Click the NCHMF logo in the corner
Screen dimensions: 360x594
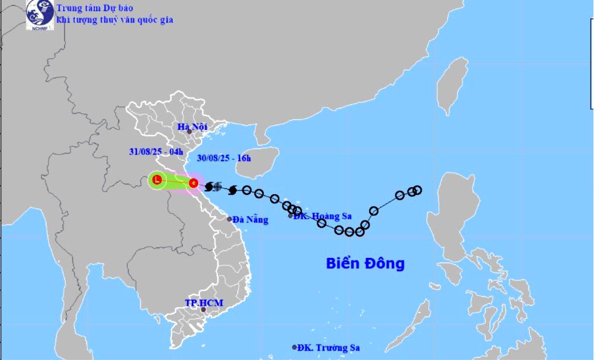pyautogui.click(x=39, y=14)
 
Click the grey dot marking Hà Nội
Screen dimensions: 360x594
pyautogui.click(x=189, y=132)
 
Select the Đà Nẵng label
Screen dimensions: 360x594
pyautogui.click(x=251, y=220)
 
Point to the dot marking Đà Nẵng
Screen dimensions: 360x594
pyautogui.click(x=229, y=219)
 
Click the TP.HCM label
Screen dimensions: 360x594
pyautogui.click(x=204, y=303)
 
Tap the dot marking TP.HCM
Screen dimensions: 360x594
pyautogui.click(x=203, y=310)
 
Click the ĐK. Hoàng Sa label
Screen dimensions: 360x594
pyautogui.click(x=323, y=216)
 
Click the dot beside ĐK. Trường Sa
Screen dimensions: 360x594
pyautogui.click(x=294, y=347)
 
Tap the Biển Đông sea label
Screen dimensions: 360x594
pyautogui.click(x=365, y=264)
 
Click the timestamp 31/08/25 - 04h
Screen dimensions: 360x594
pyautogui.click(x=154, y=152)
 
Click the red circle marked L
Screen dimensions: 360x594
pyautogui.click(x=156, y=181)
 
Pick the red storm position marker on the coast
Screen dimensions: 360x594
pyautogui.click(x=194, y=183)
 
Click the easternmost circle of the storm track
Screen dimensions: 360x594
pyautogui.click(x=417, y=190)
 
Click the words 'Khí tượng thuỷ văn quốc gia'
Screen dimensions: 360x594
pyautogui.click(x=115, y=20)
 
